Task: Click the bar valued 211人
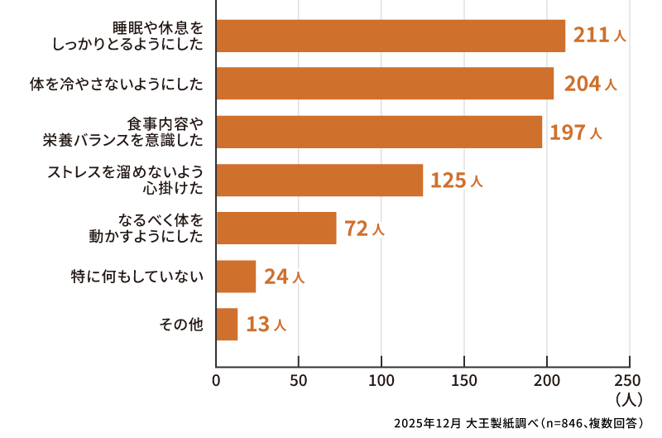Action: pos(390,36)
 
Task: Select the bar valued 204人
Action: pos(384,84)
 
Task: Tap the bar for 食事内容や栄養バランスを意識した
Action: pos(379,132)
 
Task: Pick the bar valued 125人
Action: pos(319,180)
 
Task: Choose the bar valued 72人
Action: pos(276,228)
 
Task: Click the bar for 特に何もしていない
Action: pos(236,276)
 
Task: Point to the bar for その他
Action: pos(227,324)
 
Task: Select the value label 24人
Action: pos(284,277)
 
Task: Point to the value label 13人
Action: pos(266,325)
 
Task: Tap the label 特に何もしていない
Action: pos(137,276)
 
